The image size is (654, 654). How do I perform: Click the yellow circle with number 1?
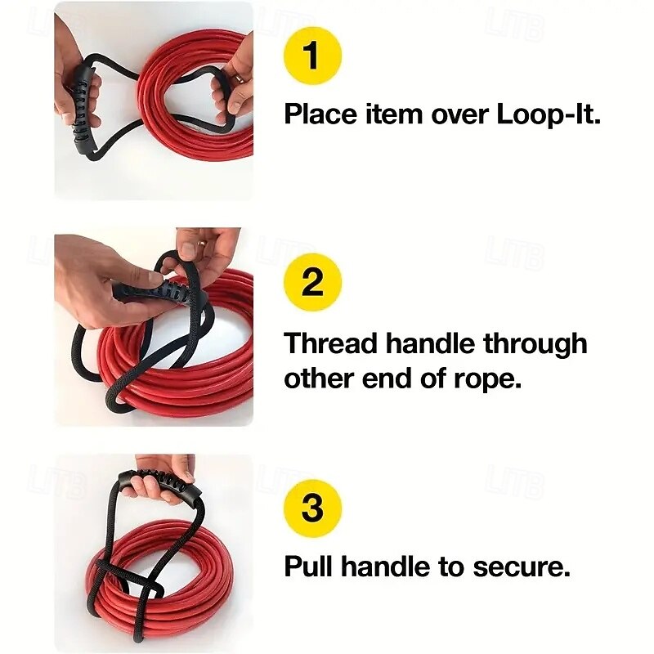coord(312,56)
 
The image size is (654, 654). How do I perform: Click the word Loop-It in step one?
coord(548,114)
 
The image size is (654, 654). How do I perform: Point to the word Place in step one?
coord(319,114)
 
